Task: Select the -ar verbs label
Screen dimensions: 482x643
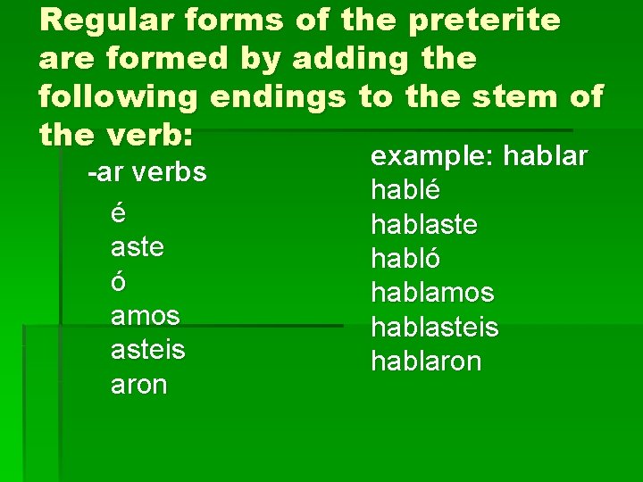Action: (146, 171)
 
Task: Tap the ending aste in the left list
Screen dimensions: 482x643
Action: (138, 246)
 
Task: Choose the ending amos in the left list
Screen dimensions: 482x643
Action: (146, 315)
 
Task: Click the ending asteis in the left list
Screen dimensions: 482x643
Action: (148, 349)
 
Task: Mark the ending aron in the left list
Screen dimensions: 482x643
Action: (138, 384)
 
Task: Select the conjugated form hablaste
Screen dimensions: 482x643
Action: (424, 224)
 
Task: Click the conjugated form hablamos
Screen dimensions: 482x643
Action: (432, 293)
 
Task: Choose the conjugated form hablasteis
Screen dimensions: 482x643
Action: (435, 327)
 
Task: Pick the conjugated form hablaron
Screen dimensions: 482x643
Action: (426, 361)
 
